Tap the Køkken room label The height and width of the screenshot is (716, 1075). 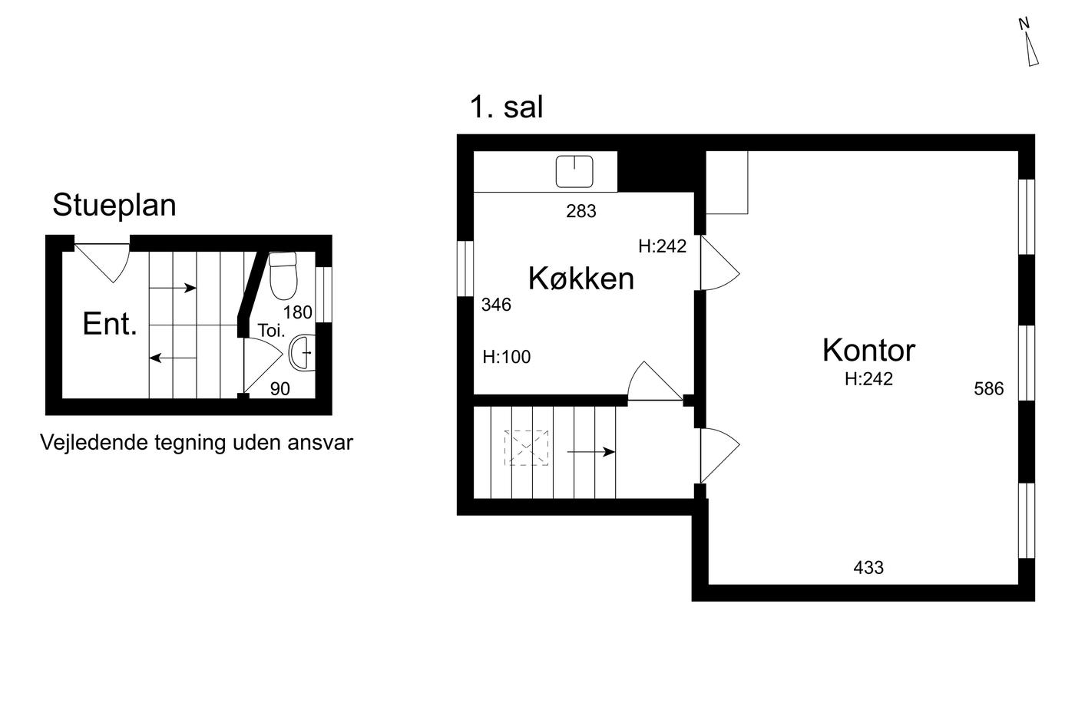pyautogui.click(x=580, y=278)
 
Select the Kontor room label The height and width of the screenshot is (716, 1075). pyautogui.click(x=868, y=350)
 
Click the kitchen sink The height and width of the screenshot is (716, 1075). pyautogui.click(x=574, y=172)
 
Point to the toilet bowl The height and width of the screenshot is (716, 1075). pyautogui.click(x=283, y=276)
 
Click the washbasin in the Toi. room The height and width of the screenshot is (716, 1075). pyautogui.click(x=302, y=352)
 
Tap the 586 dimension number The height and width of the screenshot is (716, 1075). pyautogui.click(x=989, y=388)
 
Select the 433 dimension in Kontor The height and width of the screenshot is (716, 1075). pyautogui.click(x=868, y=568)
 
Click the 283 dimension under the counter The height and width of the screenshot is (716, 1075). pyautogui.click(x=580, y=211)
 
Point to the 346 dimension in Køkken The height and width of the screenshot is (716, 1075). pyautogui.click(x=496, y=305)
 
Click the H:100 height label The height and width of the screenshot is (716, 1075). pyautogui.click(x=506, y=357)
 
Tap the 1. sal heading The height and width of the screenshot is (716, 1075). pyautogui.click(x=506, y=107)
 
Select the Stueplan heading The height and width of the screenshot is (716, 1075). pyautogui.click(x=114, y=205)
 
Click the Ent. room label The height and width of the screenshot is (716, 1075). pyautogui.click(x=110, y=324)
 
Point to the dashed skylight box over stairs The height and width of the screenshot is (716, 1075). pyautogui.click(x=526, y=448)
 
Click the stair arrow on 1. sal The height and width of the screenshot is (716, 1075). pyautogui.click(x=590, y=452)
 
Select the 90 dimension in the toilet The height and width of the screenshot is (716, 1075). pyautogui.click(x=279, y=389)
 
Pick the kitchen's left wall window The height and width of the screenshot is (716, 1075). pyautogui.click(x=465, y=269)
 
